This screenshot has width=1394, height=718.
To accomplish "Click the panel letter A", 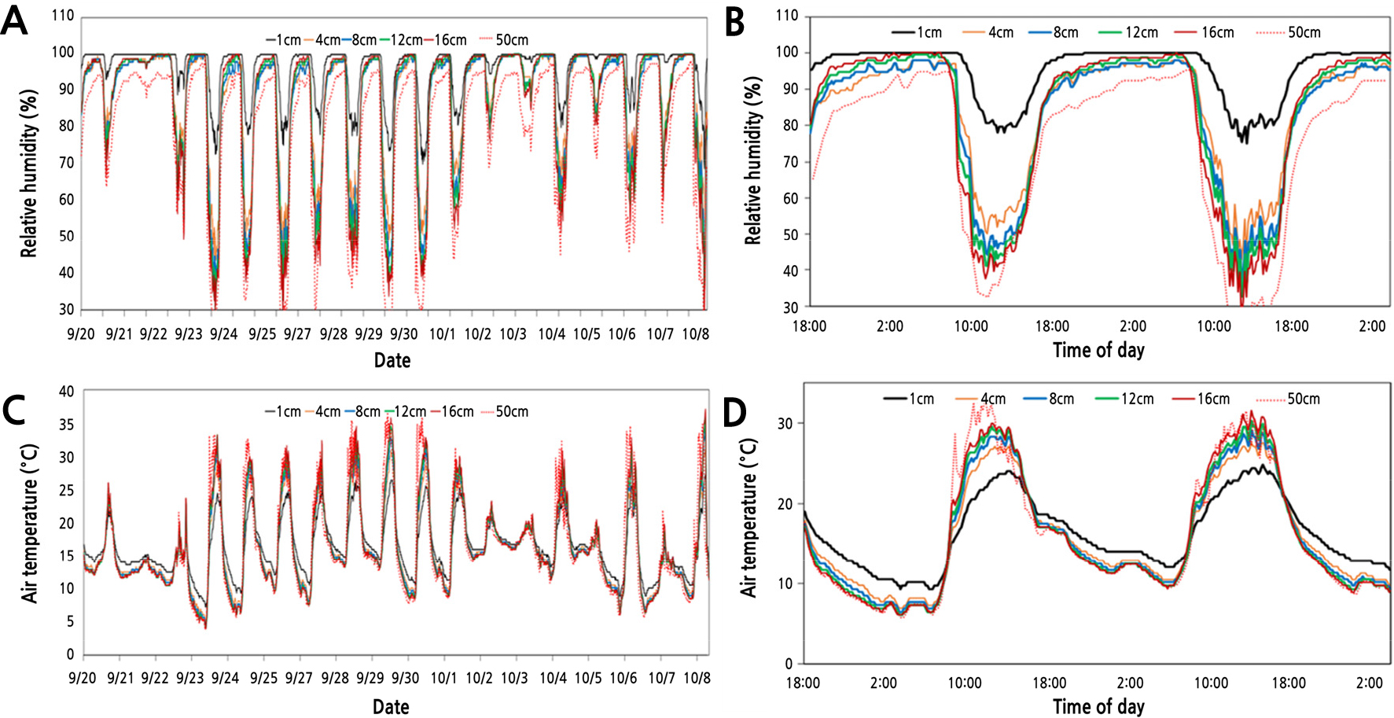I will click(x=14, y=21).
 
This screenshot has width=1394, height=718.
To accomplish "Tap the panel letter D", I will click(x=734, y=411).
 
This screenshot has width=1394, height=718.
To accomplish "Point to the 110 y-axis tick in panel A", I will click(x=63, y=16).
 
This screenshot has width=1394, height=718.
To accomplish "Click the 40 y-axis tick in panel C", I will click(x=67, y=392).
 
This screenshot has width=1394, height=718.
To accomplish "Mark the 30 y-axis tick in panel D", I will click(x=785, y=423).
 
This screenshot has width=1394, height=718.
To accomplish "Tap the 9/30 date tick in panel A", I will click(x=404, y=334).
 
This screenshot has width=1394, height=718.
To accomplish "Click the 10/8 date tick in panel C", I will click(x=697, y=678).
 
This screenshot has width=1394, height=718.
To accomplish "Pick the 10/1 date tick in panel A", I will click(x=443, y=334).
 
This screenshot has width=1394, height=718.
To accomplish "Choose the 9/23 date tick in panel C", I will click(x=189, y=678).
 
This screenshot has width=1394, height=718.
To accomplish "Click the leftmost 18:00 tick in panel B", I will click(x=809, y=326).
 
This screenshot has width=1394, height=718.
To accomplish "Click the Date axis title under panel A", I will click(x=392, y=360).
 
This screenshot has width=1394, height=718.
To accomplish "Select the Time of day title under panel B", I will click(x=1098, y=351).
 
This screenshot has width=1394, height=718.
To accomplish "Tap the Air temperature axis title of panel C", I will click(x=30, y=524).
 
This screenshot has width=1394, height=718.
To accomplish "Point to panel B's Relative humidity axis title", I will click(x=753, y=161).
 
